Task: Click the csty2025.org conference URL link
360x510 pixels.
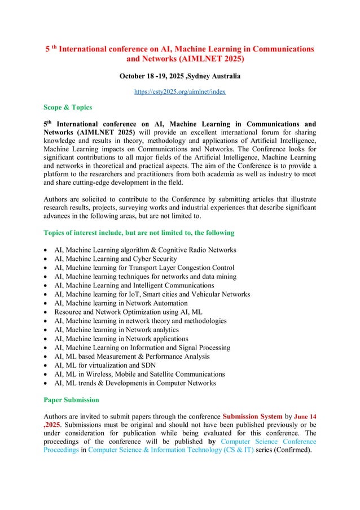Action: click(x=179, y=91)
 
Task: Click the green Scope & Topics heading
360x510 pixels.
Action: click(x=68, y=107)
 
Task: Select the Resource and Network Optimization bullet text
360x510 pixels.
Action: click(x=128, y=312)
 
